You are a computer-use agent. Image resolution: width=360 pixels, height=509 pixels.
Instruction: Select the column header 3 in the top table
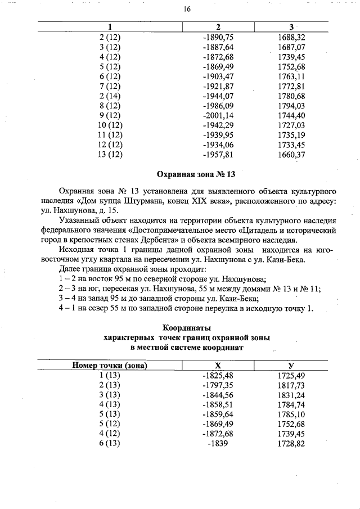tap(291, 27)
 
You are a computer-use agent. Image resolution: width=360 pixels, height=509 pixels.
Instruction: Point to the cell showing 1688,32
tap(291, 37)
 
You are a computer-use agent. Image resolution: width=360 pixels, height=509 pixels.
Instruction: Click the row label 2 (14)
tap(110, 96)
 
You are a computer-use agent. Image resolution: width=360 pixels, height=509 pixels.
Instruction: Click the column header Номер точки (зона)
tap(110, 365)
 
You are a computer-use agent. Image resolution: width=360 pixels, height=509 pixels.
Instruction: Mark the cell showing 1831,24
tap(291, 395)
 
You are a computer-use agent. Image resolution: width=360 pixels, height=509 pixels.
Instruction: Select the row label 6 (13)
tap(110, 444)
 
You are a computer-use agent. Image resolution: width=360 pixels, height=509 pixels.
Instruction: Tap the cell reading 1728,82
tap(291, 444)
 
